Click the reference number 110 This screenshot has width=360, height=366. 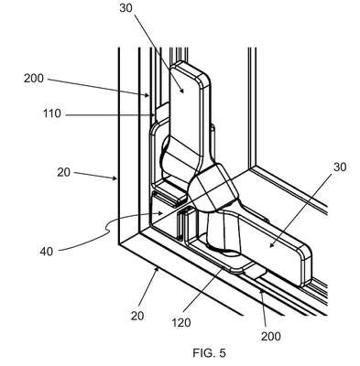[x=51, y=114]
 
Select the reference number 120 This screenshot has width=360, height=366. [x=181, y=322]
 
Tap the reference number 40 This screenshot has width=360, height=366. [x=47, y=252]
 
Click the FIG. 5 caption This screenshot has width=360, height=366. [x=210, y=353]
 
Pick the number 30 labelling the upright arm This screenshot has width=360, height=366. [x=125, y=8]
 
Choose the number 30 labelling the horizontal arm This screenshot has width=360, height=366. [x=340, y=167]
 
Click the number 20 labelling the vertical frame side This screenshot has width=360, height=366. [x=63, y=173]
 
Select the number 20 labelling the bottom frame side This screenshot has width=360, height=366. [x=137, y=316]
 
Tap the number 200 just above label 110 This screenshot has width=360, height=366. [x=34, y=79]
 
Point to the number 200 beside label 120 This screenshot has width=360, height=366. [x=271, y=337]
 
